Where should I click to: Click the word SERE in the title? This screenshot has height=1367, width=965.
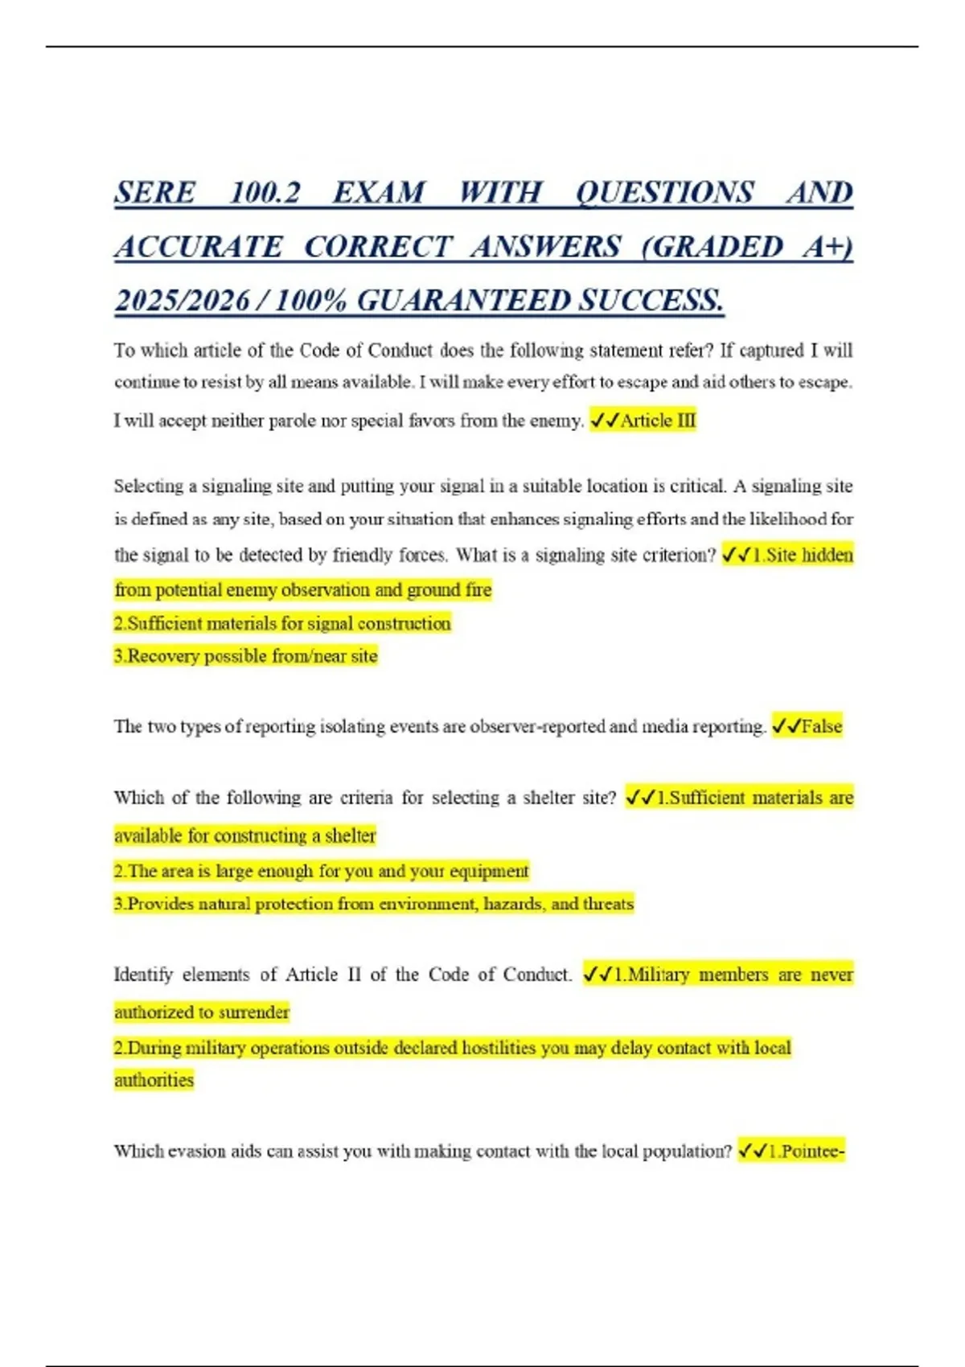tap(155, 193)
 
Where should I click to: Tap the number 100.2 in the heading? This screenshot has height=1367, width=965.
tap(265, 193)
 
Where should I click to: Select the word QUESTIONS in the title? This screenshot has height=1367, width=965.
tap(665, 193)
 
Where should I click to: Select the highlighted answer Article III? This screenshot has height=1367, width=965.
tap(657, 421)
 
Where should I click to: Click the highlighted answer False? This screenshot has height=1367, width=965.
tap(821, 727)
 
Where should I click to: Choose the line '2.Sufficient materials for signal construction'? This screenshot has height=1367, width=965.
tap(282, 624)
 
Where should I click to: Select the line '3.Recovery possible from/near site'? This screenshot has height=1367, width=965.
tap(245, 656)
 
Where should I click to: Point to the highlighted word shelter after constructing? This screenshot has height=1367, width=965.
tap(350, 836)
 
